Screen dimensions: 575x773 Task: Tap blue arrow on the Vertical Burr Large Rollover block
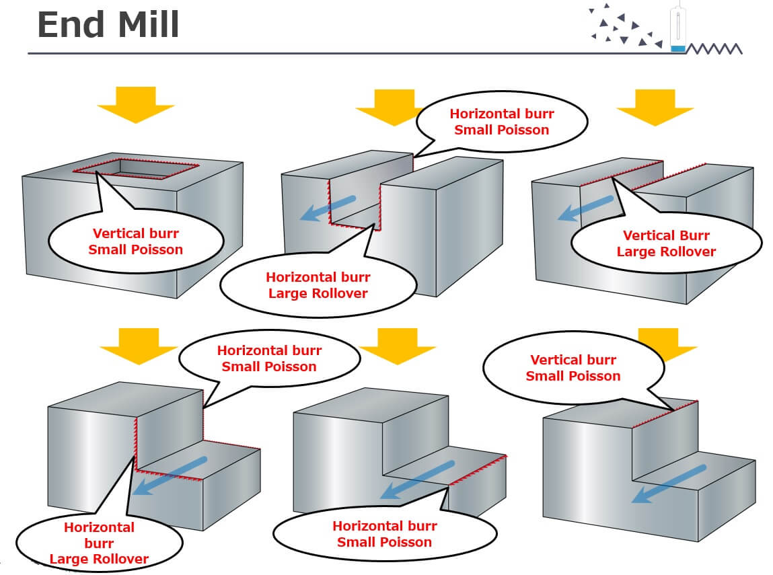click(x=586, y=208)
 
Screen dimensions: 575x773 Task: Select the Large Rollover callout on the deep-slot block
click(x=319, y=284)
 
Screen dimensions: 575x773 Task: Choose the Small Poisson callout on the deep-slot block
click(x=501, y=122)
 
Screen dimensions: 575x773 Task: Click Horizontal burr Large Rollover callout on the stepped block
click(x=99, y=541)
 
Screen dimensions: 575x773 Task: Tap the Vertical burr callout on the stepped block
click(x=573, y=368)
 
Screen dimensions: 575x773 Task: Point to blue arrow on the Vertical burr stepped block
click(x=669, y=484)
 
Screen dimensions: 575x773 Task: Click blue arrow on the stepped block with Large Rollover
click(x=170, y=475)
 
